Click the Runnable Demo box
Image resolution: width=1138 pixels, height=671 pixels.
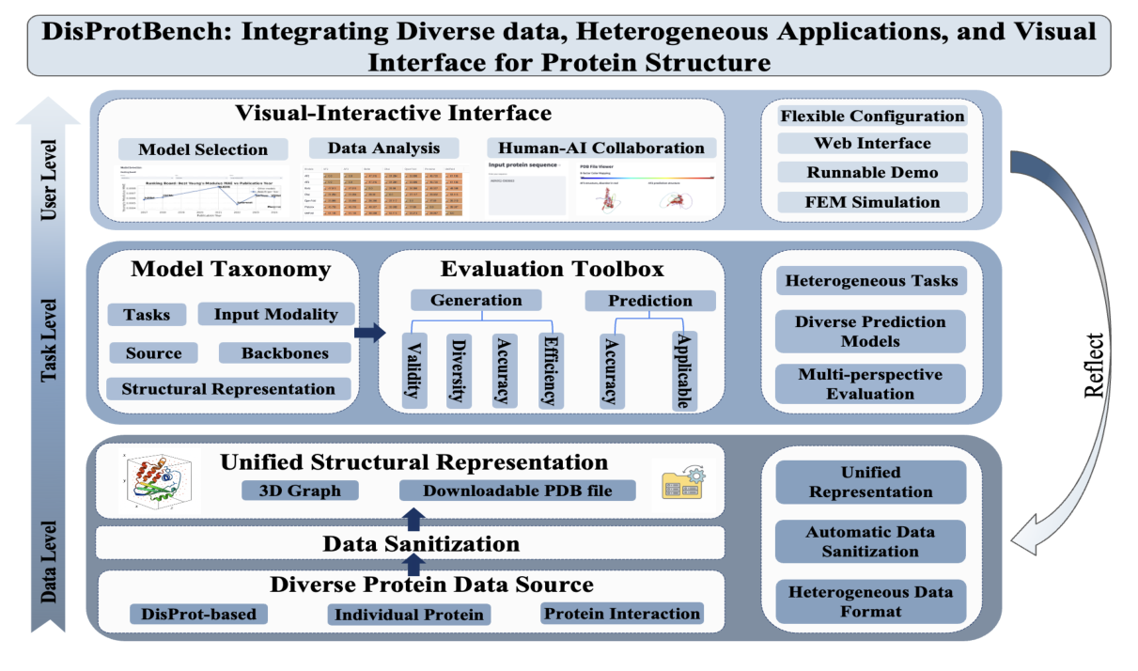coord(872,172)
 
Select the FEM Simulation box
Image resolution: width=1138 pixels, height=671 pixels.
coord(872,201)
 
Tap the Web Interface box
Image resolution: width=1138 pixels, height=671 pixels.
coord(872,143)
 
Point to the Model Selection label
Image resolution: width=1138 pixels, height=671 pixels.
coord(202,149)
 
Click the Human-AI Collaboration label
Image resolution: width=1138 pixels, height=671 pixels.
coord(601,148)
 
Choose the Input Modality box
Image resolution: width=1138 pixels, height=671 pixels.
coord(275,314)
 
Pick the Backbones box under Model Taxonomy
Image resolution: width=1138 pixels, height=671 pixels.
coord(285,353)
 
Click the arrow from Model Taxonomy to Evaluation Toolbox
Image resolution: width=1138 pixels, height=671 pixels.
coord(370,332)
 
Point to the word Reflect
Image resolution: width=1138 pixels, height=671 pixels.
coord(1094,364)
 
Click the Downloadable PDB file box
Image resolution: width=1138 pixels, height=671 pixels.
coord(517,491)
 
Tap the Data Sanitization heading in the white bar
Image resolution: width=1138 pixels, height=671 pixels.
coord(421,543)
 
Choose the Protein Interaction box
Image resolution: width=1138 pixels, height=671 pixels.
coord(622,614)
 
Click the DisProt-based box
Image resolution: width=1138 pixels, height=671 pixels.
coord(198,615)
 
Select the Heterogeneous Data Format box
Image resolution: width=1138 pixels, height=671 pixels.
coord(870,601)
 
